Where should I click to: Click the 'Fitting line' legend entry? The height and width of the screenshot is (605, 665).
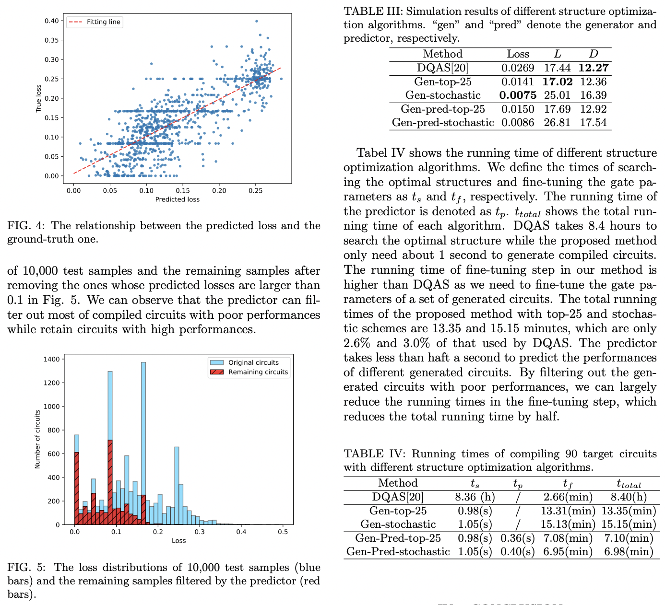[x=103, y=22]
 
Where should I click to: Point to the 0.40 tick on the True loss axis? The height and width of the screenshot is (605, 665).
[x=51, y=21]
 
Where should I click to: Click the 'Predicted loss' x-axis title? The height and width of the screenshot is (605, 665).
[x=177, y=199]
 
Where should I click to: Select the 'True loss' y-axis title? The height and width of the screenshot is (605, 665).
[x=38, y=99]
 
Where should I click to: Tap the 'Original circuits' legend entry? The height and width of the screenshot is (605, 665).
[x=253, y=362]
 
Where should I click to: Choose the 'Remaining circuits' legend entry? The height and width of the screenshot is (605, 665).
[x=258, y=372]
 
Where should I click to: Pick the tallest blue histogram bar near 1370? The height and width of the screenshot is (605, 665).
[x=143, y=431]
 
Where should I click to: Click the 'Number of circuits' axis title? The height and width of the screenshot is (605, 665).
[x=37, y=439]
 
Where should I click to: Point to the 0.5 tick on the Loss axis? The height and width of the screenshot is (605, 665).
[x=283, y=532]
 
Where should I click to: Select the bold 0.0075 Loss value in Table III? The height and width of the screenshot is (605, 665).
[x=518, y=95]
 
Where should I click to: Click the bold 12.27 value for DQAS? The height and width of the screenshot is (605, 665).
[x=593, y=68]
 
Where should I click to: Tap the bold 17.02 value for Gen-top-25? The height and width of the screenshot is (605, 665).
[x=557, y=82]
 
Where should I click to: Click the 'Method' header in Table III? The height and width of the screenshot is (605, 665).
[x=442, y=54]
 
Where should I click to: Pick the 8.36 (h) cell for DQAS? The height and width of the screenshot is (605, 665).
[x=475, y=497]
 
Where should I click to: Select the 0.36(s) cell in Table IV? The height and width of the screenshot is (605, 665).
[x=517, y=538]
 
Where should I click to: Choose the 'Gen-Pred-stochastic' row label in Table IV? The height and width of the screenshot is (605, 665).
[x=398, y=552]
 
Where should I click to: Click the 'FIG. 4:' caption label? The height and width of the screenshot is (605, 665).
[x=26, y=226]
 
